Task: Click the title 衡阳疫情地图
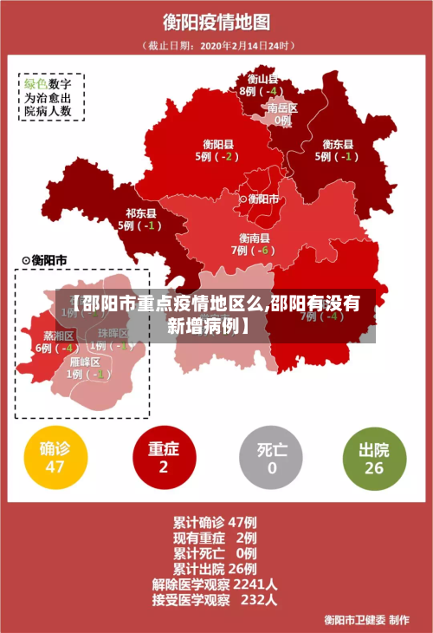click(216, 21)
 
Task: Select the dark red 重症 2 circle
click(163, 458)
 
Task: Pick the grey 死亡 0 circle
click(272, 458)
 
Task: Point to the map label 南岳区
click(282, 108)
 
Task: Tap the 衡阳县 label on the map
click(218, 145)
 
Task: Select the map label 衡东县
click(338, 145)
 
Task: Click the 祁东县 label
click(141, 213)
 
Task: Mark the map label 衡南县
click(255, 238)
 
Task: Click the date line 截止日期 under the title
click(217, 45)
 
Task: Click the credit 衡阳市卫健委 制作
click(366, 619)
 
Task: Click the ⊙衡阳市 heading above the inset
click(44, 260)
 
